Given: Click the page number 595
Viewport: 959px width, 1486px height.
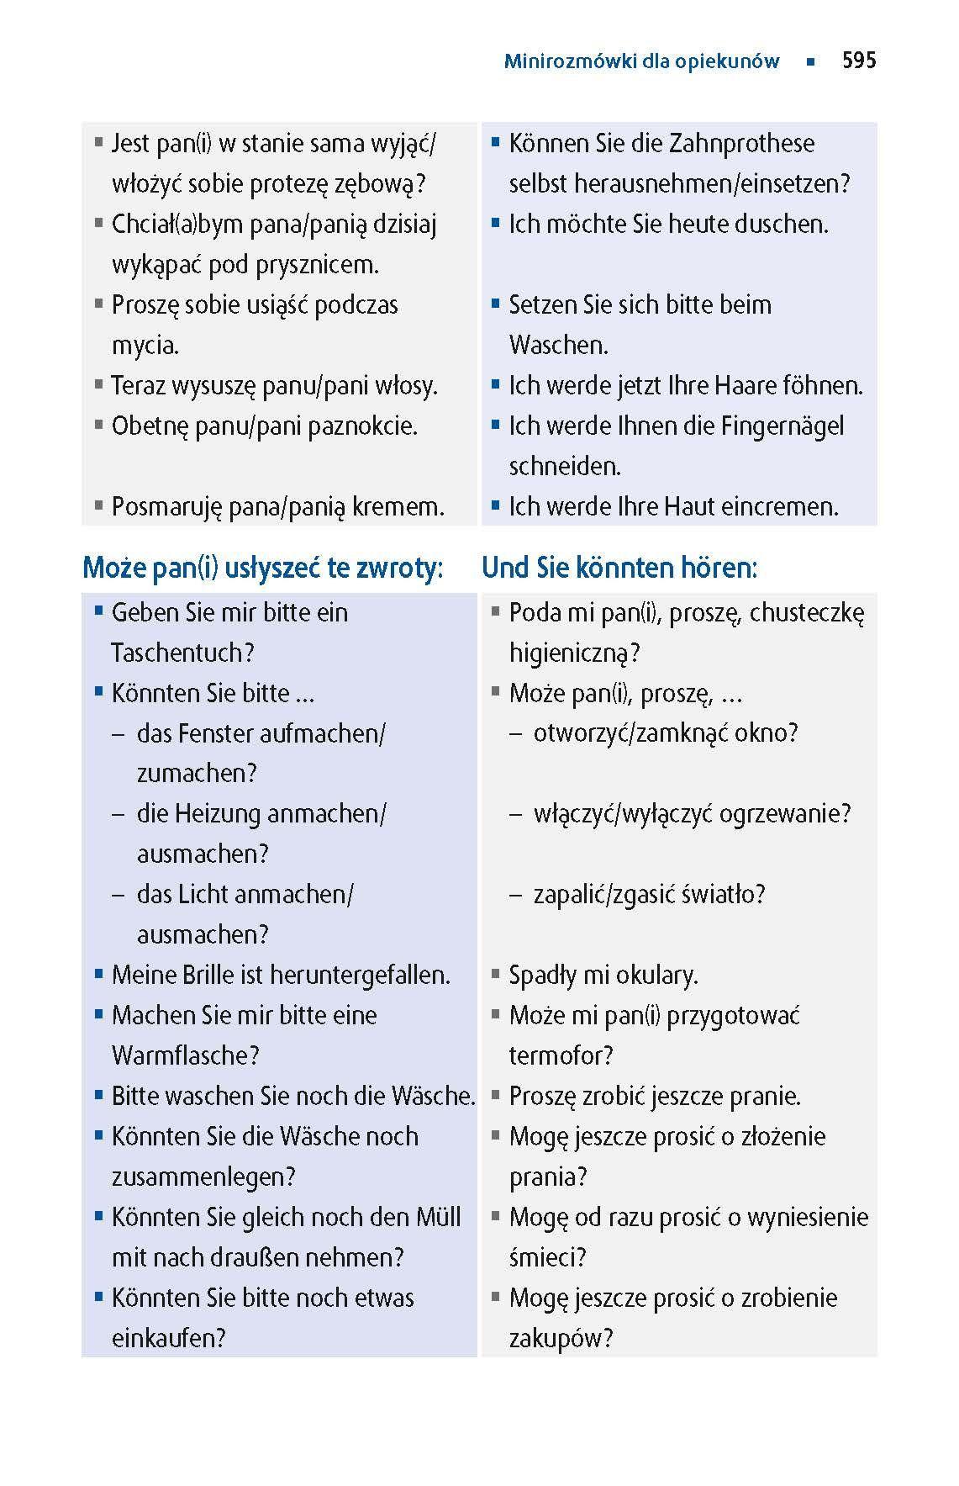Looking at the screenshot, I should tap(858, 61).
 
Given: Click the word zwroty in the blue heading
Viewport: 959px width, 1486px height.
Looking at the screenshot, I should tap(398, 568).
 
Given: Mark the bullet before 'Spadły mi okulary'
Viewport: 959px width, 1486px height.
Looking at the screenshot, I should tap(496, 975).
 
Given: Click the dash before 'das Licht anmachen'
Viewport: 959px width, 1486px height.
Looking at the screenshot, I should tap(119, 895).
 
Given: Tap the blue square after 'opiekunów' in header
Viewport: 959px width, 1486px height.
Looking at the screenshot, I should tap(809, 61).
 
